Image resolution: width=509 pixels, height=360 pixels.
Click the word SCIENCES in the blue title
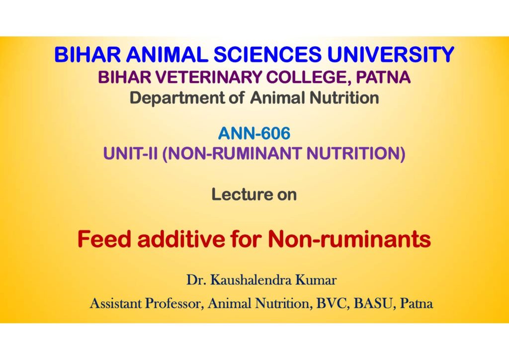(x=267, y=54)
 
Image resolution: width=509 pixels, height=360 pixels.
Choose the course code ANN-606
(x=254, y=133)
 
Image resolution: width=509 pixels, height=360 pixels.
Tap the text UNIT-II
(x=130, y=153)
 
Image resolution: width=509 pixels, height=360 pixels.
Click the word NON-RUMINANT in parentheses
(x=233, y=154)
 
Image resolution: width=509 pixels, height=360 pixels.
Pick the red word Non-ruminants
(x=349, y=239)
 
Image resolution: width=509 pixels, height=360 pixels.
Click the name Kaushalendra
(x=251, y=280)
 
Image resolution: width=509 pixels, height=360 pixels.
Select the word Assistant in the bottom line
(x=115, y=303)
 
